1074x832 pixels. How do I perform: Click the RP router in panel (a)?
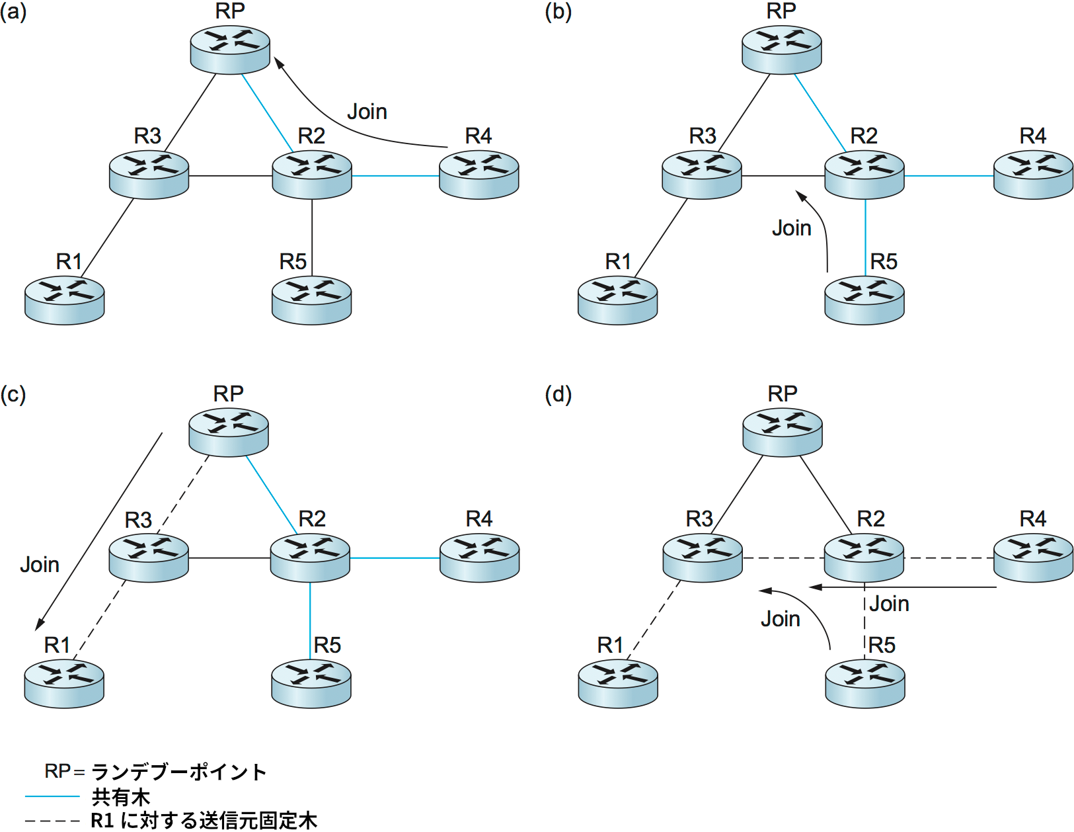[x=230, y=50]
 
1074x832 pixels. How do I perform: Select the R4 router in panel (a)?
[x=479, y=175]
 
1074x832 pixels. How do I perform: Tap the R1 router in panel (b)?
[x=617, y=300]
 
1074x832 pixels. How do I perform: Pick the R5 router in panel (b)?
[x=864, y=300]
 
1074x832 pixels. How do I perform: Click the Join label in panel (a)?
[x=367, y=112]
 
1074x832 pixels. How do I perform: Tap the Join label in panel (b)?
[x=791, y=228]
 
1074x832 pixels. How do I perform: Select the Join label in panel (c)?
[x=40, y=565]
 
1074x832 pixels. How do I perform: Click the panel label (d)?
[x=558, y=395]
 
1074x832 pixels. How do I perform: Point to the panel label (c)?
[x=13, y=395]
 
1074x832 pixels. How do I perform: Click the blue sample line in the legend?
[x=52, y=796]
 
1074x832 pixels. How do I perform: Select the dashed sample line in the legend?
[x=52, y=821]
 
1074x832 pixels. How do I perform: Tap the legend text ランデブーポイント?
[x=178, y=772]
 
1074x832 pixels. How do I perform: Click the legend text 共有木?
[x=121, y=796]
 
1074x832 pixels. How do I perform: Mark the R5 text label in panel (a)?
[x=293, y=262]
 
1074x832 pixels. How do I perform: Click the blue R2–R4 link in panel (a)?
[x=395, y=176]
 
